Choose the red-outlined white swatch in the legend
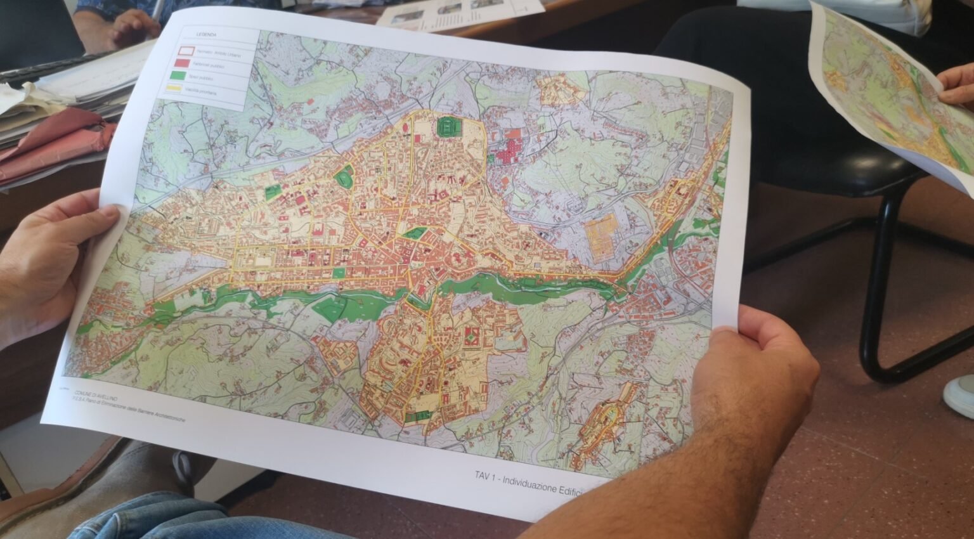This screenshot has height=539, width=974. tap(185, 48)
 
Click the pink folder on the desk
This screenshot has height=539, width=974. tap(51, 146)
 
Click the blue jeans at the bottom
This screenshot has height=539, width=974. tap(190, 517)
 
